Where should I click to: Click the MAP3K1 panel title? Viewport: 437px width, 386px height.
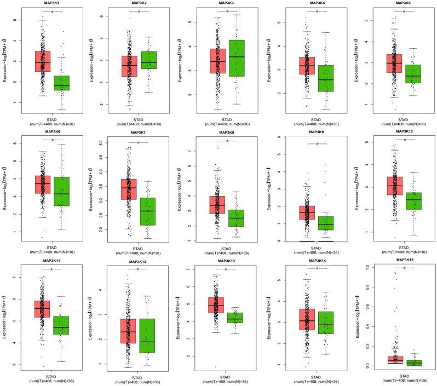(x=52, y=3)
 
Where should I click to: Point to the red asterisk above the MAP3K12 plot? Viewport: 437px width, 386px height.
(x=139, y=269)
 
